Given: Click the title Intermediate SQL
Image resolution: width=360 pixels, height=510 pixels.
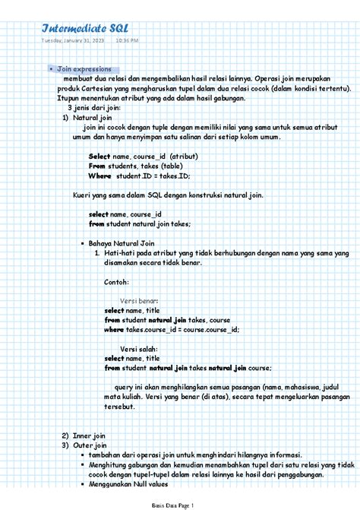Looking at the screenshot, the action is [x=85, y=28].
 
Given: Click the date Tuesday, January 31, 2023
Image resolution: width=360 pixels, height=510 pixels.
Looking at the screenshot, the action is [x=75, y=40].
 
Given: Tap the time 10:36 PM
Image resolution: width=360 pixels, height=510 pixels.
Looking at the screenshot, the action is [x=128, y=40].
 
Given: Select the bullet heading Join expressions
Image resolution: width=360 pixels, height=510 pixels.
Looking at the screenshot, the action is [x=84, y=69].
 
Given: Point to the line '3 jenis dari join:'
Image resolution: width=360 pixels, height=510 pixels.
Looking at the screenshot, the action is [x=94, y=108].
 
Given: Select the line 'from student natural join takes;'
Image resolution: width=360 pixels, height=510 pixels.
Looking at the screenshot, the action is [x=140, y=224].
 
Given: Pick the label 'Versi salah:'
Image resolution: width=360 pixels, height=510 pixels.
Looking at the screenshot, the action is [x=139, y=349].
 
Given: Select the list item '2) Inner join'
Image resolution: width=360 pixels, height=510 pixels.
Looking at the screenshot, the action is [x=88, y=436].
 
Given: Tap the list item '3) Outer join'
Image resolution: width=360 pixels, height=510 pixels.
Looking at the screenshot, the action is [x=89, y=445].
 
